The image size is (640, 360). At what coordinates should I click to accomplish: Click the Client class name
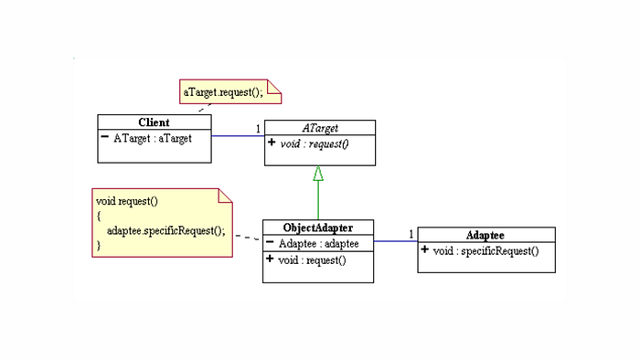click(154, 122)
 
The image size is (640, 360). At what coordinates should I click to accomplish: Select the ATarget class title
click(320, 128)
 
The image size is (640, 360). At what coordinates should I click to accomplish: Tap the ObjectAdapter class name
click(318, 228)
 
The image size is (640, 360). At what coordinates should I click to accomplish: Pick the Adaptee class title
click(486, 235)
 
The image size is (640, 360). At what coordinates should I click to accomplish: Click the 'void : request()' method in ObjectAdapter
click(313, 260)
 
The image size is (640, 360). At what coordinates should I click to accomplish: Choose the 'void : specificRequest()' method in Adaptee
click(485, 250)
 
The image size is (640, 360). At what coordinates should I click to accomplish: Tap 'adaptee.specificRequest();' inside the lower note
click(165, 230)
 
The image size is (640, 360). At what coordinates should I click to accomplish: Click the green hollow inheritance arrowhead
click(318, 174)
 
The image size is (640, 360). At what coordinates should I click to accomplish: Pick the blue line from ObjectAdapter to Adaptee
click(395, 242)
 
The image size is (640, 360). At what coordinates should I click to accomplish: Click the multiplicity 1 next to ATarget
click(258, 128)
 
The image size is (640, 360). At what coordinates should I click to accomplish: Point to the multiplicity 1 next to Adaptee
click(411, 233)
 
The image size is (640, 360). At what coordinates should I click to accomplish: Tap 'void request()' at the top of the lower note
click(122, 199)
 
